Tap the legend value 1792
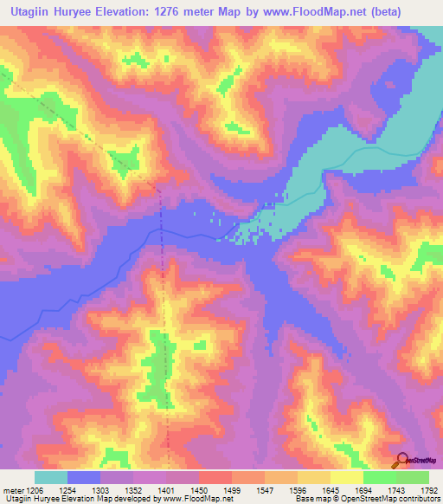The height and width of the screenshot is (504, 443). pyautogui.click(x=427, y=489)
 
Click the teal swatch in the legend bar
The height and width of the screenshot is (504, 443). pyautogui.click(x=50, y=477)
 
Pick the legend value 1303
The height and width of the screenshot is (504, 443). pyautogui.click(x=100, y=489)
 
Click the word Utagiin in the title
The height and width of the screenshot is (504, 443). pyautogui.click(x=37, y=10)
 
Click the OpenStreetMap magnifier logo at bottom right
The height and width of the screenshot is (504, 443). pyautogui.click(x=402, y=462)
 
